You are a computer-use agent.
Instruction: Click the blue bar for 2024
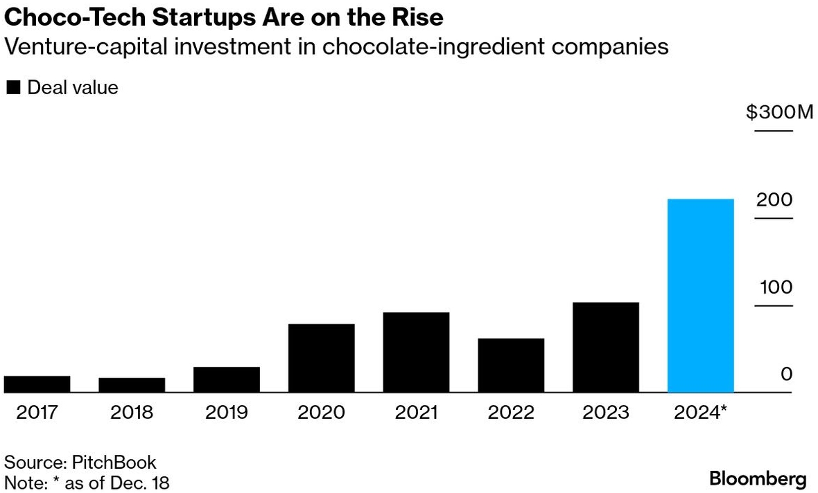(700, 296)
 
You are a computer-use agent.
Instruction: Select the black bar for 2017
(37, 384)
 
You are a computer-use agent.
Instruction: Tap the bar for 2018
(132, 385)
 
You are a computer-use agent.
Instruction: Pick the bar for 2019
(227, 379)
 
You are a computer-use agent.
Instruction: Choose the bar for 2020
(321, 358)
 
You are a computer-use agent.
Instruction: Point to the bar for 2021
(416, 352)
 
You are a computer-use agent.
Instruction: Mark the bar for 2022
(511, 366)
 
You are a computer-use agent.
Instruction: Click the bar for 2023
(605, 348)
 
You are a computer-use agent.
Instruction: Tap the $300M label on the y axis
(779, 112)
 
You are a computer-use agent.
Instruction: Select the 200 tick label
(774, 200)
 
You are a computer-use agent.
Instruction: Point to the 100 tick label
(775, 287)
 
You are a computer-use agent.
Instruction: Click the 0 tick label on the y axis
(786, 375)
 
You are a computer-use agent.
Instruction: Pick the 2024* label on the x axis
(701, 413)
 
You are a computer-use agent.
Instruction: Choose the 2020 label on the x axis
(321, 413)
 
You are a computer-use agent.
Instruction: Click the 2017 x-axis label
(37, 413)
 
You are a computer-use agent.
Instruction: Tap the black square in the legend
(13, 88)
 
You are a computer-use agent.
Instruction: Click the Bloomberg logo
(758, 478)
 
